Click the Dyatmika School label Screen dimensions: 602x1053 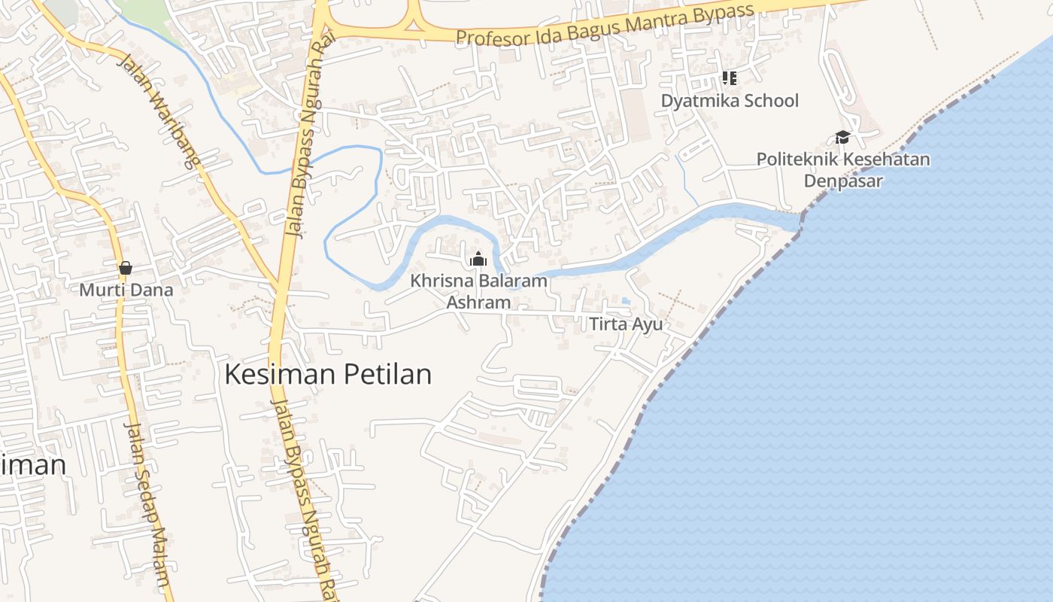pos(730,101)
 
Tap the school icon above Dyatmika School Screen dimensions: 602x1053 pos(728,78)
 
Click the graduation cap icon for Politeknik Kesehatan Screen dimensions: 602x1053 pos(842,138)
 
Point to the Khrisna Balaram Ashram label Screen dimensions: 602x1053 pos(478,291)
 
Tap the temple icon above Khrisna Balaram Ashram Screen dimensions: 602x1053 pos(478,260)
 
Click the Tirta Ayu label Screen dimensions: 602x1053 pos(626,324)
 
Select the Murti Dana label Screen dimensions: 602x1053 pos(126,290)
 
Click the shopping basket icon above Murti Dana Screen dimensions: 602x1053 pos(126,268)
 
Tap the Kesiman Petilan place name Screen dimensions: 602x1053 pos(329,374)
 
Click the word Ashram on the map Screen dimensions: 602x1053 pos(478,303)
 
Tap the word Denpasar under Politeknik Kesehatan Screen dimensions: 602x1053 pos(843,181)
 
